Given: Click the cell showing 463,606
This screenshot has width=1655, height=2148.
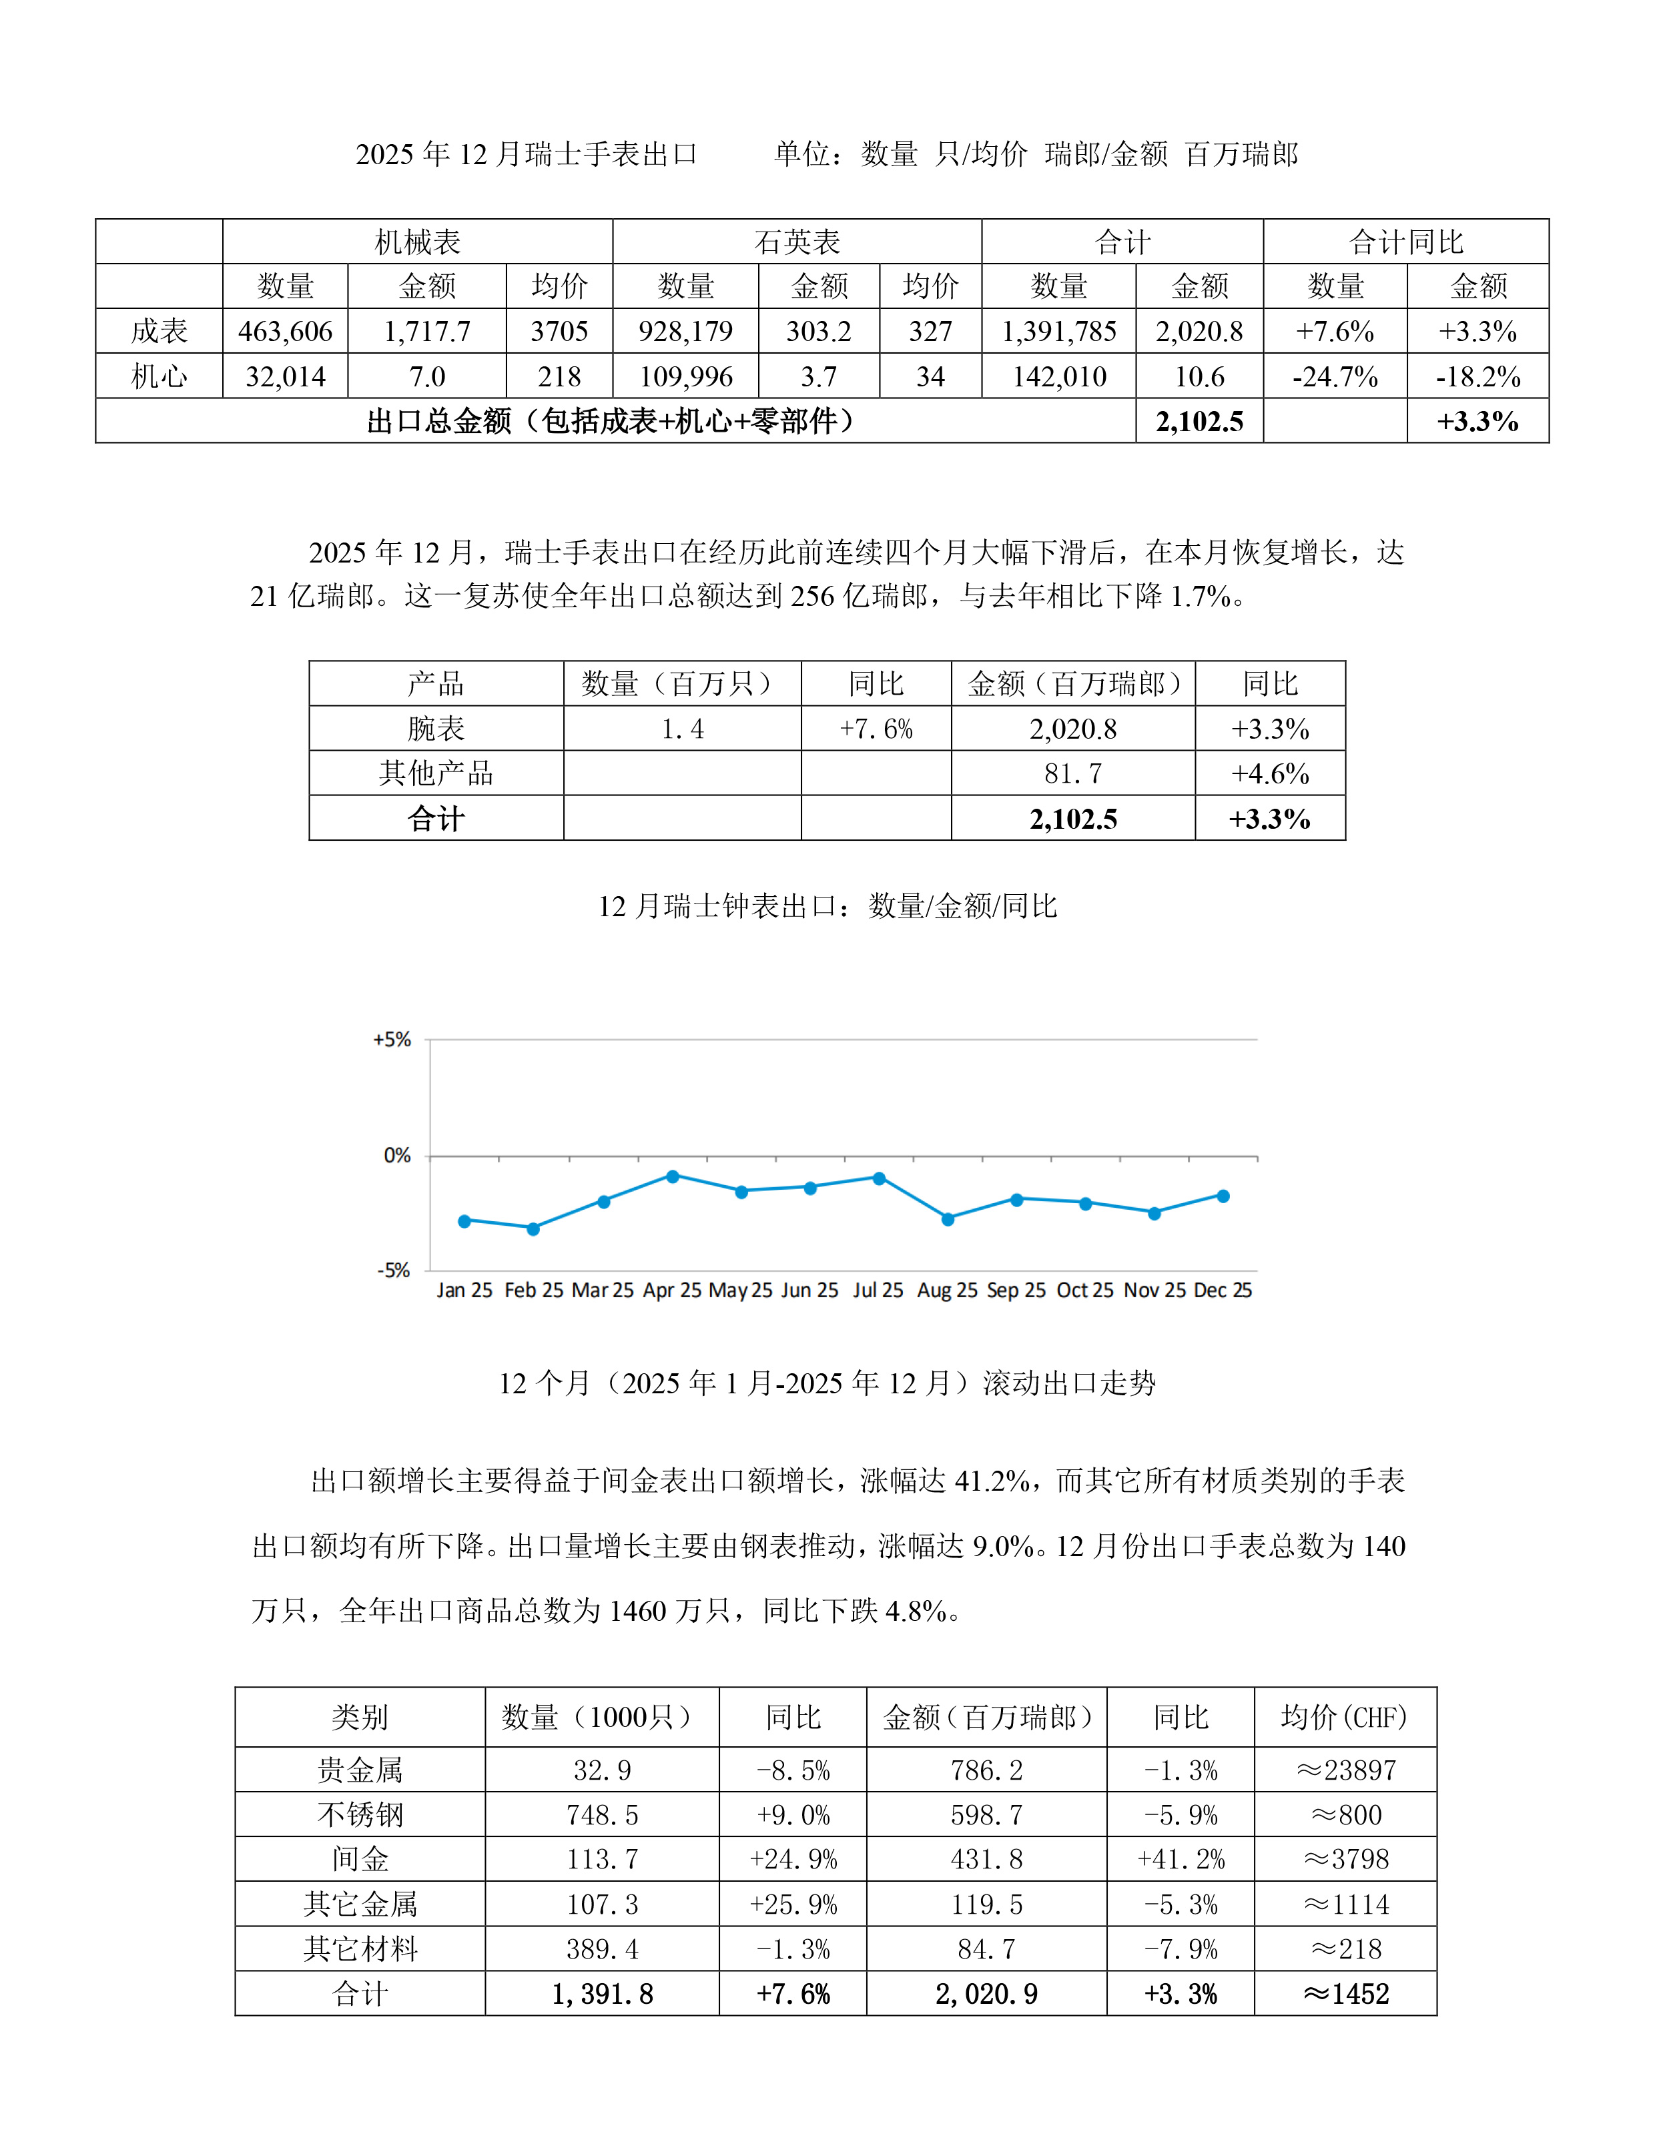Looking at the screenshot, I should pyautogui.click(x=285, y=332).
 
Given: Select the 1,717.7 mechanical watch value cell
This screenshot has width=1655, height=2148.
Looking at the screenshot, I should pyautogui.click(x=427, y=332).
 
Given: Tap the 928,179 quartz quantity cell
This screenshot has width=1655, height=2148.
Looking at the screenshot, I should pyautogui.click(x=685, y=332).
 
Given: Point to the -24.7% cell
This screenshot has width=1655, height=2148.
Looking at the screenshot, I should pyautogui.click(x=1335, y=377).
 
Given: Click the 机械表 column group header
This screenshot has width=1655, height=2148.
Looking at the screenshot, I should pyautogui.click(x=418, y=242).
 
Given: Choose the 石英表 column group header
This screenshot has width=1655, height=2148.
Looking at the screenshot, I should pyautogui.click(x=797, y=242).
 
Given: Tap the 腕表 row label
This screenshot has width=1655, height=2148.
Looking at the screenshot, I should pyautogui.click(x=436, y=729).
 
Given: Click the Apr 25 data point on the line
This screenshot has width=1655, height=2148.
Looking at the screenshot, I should pyautogui.click(x=673, y=1176).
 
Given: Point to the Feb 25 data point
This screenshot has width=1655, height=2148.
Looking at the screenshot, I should pyautogui.click(x=533, y=1228).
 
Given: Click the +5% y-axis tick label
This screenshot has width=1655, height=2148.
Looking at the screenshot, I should pyautogui.click(x=391, y=1040).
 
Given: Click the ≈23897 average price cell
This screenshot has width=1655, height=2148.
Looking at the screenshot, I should pyautogui.click(x=1345, y=1770).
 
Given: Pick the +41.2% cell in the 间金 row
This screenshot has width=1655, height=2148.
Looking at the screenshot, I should pyautogui.click(x=1180, y=1860).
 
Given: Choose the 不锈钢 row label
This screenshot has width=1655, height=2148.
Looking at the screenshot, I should pyautogui.click(x=360, y=1814).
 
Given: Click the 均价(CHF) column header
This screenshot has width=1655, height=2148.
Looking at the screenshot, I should pyautogui.click(x=1345, y=1717).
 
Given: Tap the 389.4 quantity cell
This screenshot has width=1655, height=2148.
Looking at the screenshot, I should pyautogui.click(x=602, y=1949).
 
